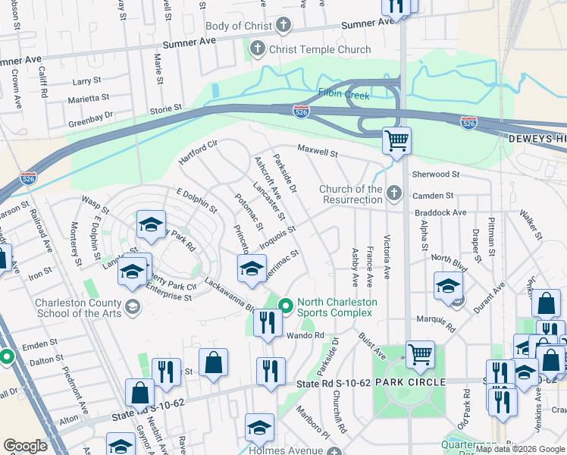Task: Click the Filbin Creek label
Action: pos(343,96)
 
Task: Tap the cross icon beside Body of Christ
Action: pos(283,26)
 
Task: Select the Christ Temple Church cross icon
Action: pos(258,50)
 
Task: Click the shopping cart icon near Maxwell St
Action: pos(396,140)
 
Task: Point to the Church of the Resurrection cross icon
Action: pos(393,194)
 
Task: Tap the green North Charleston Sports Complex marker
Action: pos(286,306)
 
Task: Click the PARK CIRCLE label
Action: pos(409,382)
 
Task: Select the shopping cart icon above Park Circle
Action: pos(420,353)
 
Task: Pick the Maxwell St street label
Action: pos(317,152)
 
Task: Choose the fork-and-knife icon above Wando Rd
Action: pos(268,322)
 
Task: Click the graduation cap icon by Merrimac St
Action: pos(252,267)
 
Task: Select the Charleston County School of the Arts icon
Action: pos(133,306)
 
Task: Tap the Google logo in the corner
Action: pos(26,446)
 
